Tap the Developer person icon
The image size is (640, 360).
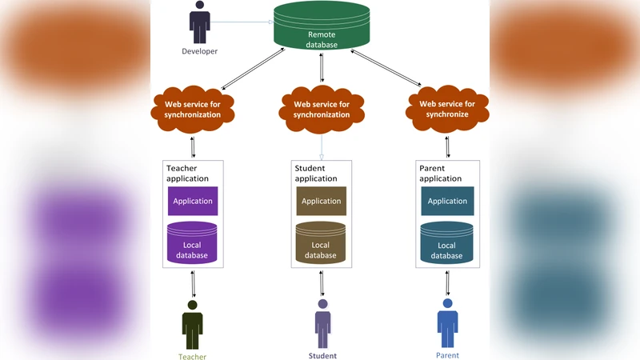pyautogui.click(x=199, y=22)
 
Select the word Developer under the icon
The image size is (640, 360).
pyautogui.click(x=199, y=51)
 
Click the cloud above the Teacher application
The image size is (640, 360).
pyautogui.click(x=192, y=109)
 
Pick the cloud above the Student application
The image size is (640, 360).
pyautogui.click(x=322, y=109)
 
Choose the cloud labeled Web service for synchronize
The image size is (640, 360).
pyautogui.click(x=447, y=109)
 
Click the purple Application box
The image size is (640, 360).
pyautogui.click(x=192, y=201)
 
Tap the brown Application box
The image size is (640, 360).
pyautogui.click(x=322, y=201)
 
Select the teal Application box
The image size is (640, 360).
pyautogui.click(x=447, y=201)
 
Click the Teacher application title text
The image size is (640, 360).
pyautogui.click(x=187, y=174)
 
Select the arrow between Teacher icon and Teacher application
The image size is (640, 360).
pyautogui.click(x=193, y=284)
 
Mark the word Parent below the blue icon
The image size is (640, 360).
pyautogui.click(x=447, y=355)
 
